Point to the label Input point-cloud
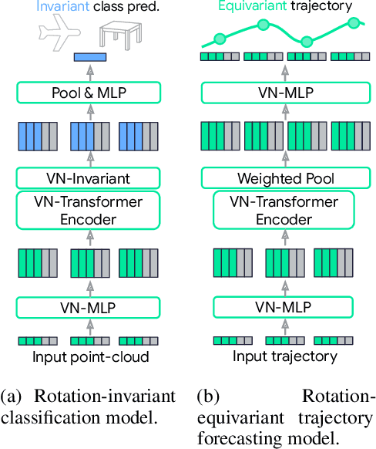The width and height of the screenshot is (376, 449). click(91, 356)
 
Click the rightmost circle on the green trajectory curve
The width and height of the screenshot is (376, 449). click(354, 22)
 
